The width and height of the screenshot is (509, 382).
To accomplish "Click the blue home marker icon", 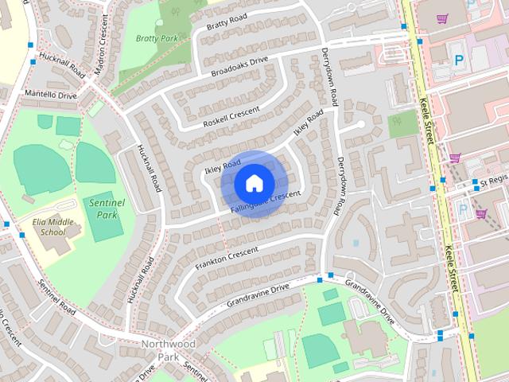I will (253, 183).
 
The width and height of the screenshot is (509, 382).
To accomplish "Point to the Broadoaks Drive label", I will (241, 67).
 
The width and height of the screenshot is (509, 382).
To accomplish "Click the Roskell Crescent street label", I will (231, 117).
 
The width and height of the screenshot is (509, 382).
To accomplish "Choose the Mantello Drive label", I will (51, 95).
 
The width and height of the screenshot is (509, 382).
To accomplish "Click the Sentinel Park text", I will (106, 209).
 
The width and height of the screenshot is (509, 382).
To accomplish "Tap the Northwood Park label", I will (167, 350).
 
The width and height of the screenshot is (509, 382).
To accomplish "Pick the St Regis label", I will (493, 181).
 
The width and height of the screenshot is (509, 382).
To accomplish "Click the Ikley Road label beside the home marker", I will (222, 166).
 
